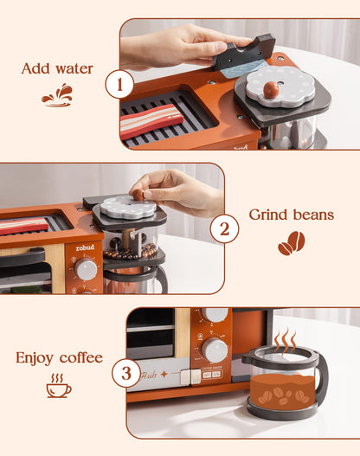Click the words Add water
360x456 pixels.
point(57,68)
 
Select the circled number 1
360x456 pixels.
point(119,85)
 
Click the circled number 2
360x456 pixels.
point(224,229)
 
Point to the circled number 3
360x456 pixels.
point(126,374)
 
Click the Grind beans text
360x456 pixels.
point(290,215)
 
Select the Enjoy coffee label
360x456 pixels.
point(59,357)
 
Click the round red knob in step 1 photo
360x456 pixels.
point(271,87)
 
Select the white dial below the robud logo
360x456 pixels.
point(86,269)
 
